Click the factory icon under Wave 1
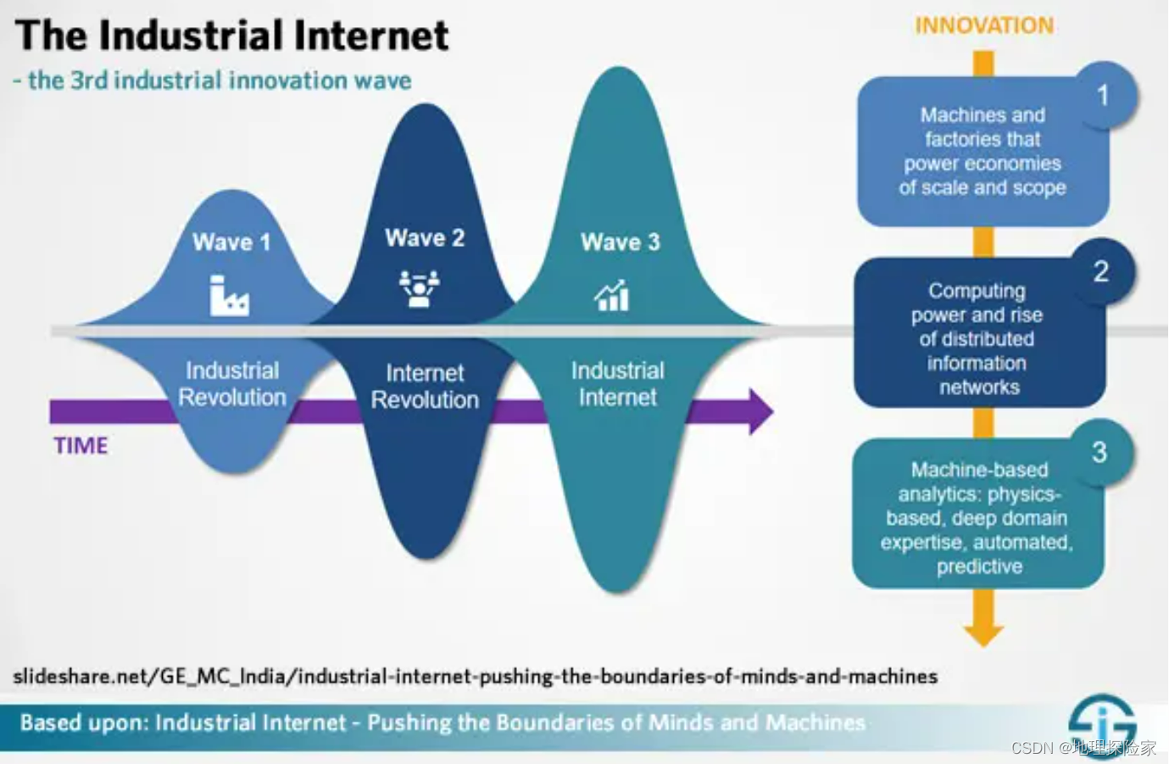click(229, 296)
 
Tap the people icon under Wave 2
click(420, 288)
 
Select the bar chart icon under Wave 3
click(612, 295)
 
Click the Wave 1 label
click(231, 243)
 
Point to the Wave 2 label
click(425, 238)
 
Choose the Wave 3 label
click(620, 243)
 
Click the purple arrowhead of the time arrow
click(760, 412)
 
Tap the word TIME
click(81, 446)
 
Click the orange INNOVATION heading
click(983, 25)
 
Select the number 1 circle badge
click(1102, 95)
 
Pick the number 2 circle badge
click(1100, 271)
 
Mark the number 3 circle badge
click(1099, 452)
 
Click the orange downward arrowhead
click(983, 633)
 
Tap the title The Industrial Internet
click(231, 36)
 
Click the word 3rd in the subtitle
click(89, 81)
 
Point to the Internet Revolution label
click(425, 387)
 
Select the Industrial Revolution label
click(232, 384)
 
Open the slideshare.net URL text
click(475, 677)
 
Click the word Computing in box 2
click(977, 291)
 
